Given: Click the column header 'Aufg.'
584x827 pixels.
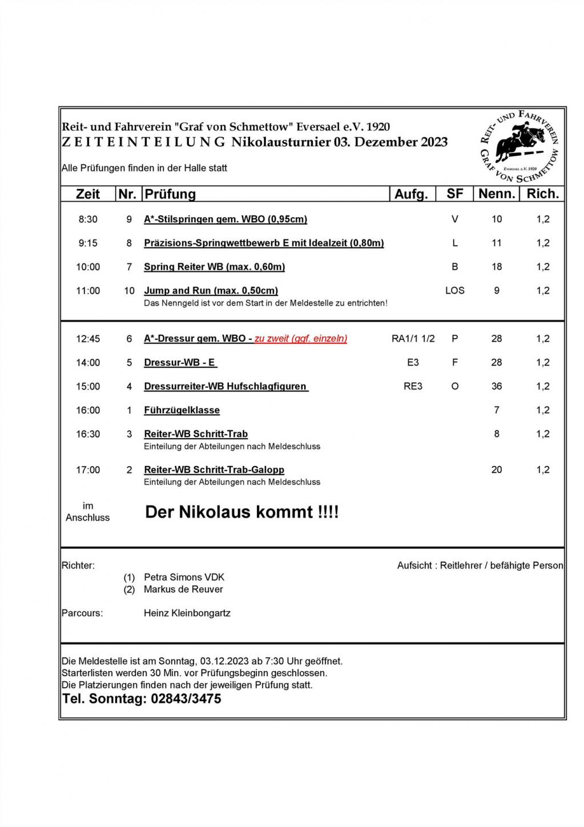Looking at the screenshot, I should pyautogui.click(x=411, y=194).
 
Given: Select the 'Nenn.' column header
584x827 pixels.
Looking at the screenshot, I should pyautogui.click(x=497, y=194).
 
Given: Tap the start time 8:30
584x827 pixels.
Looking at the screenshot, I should pyautogui.click(x=88, y=219).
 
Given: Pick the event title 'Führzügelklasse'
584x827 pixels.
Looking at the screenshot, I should pyautogui.click(x=182, y=410).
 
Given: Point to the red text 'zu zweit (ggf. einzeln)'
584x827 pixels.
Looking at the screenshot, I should pyautogui.click(x=301, y=339).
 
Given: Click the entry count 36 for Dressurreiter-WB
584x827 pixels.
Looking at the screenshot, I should pyautogui.click(x=497, y=387).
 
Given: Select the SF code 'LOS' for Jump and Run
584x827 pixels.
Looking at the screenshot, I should pyautogui.click(x=455, y=291).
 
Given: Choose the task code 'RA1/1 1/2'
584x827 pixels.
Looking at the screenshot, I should pyautogui.click(x=413, y=339).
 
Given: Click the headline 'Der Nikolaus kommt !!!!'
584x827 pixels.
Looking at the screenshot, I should pyautogui.click(x=242, y=512).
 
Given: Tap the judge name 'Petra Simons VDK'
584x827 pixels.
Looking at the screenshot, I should pyautogui.click(x=184, y=577).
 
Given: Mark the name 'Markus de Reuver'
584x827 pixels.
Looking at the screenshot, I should pyautogui.click(x=183, y=589).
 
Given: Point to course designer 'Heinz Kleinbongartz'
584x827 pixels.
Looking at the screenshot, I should pyautogui.click(x=187, y=613).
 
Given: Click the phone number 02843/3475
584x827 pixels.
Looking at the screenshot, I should pyautogui.click(x=186, y=699).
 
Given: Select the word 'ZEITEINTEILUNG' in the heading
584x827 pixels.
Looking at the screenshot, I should pyautogui.click(x=144, y=142).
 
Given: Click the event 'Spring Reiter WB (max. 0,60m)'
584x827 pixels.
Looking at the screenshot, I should pyautogui.click(x=214, y=267).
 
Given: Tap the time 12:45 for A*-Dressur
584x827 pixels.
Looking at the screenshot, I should pyautogui.click(x=88, y=339).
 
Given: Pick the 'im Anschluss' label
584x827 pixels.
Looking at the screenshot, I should pyautogui.click(x=88, y=512).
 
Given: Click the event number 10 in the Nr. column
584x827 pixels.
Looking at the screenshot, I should pyautogui.click(x=129, y=291).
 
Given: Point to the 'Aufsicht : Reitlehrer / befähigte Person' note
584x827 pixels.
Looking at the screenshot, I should pyautogui.click(x=480, y=565).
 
